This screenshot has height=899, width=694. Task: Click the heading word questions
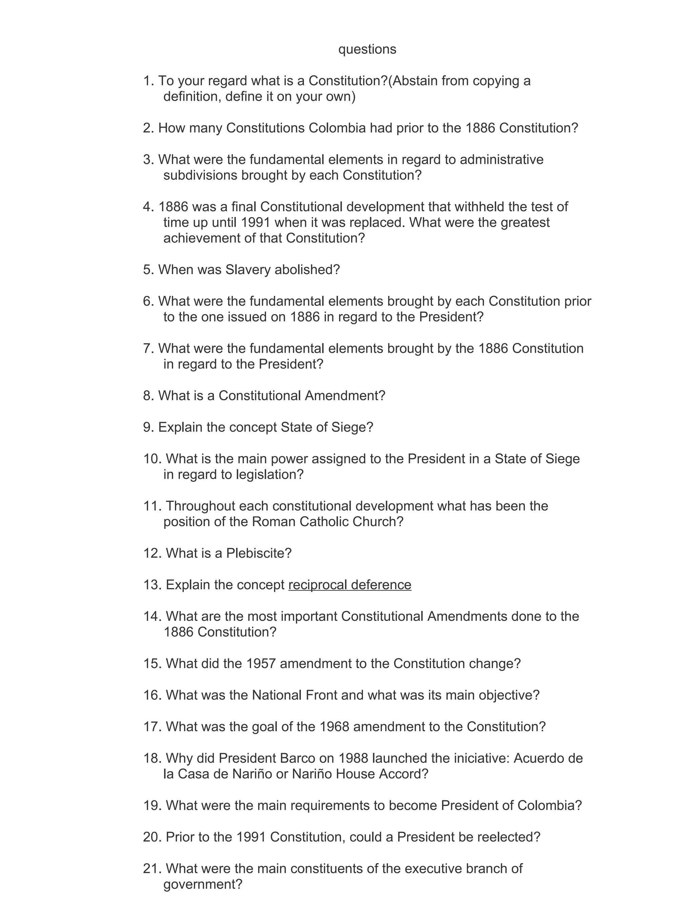tap(367, 50)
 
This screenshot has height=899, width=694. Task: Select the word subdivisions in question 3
tap(200, 175)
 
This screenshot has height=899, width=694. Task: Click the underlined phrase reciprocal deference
tap(350, 585)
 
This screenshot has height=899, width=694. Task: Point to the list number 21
tap(152, 869)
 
